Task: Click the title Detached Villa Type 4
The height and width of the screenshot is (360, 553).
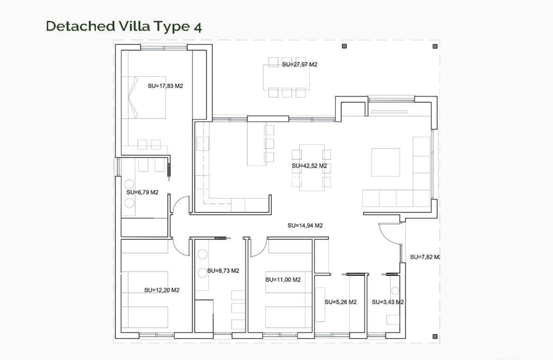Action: click(124, 26)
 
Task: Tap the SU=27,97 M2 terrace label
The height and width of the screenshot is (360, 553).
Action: click(300, 65)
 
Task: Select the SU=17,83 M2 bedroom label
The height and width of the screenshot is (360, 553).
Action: click(165, 86)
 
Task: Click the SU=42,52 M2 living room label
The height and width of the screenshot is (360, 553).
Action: click(309, 166)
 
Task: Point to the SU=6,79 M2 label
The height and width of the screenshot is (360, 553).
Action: click(142, 192)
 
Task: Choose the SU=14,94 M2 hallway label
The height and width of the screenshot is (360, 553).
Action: click(305, 225)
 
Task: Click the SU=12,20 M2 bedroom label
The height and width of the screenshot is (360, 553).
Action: click(162, 290)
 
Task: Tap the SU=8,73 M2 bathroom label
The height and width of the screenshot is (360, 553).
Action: click(223, 271)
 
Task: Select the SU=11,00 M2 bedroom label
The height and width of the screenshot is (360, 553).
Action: click(283, 280)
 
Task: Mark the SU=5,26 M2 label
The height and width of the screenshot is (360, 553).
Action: click(341, 302)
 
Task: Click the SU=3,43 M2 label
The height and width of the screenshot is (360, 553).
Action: click(388, 302)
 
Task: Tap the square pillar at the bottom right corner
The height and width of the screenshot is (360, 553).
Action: click(435, 336)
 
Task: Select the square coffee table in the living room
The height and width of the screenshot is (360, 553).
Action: click(385, 162)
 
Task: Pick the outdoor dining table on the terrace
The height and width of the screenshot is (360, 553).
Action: click(287, 77)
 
